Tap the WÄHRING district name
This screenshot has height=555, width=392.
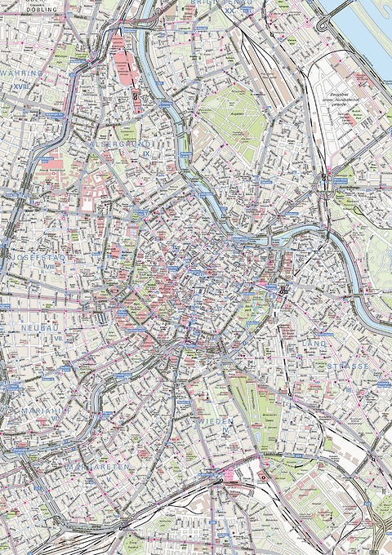pos(22,73)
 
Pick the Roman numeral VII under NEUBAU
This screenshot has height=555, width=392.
pos(58,337)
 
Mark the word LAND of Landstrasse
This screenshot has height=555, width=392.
pos(314,344)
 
